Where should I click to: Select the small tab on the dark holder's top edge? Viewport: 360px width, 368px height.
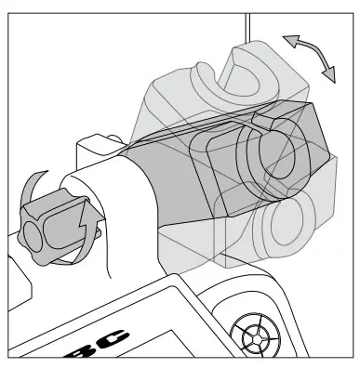click(264, 120)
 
